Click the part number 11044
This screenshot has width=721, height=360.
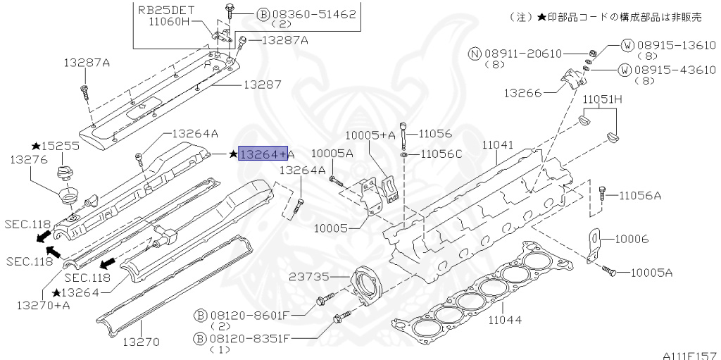(x=505, y=319)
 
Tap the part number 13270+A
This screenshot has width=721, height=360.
(x=43, y=305)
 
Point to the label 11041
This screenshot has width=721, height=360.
(x=497, y=145)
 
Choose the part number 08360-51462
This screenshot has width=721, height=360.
(x=313, y=14)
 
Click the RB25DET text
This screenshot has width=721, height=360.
(x=166, y=10)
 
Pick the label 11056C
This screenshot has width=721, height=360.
(x=440, y=154)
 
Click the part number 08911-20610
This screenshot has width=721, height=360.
(x=523, y=54)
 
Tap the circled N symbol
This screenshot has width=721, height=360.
(x=475, y=54)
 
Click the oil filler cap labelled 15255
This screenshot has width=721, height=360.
(x=63, y=175)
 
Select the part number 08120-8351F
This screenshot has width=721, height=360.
(x=250, y=340)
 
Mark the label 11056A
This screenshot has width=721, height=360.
(x=640, y=196)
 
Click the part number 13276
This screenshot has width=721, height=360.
(x=28, y=160)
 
